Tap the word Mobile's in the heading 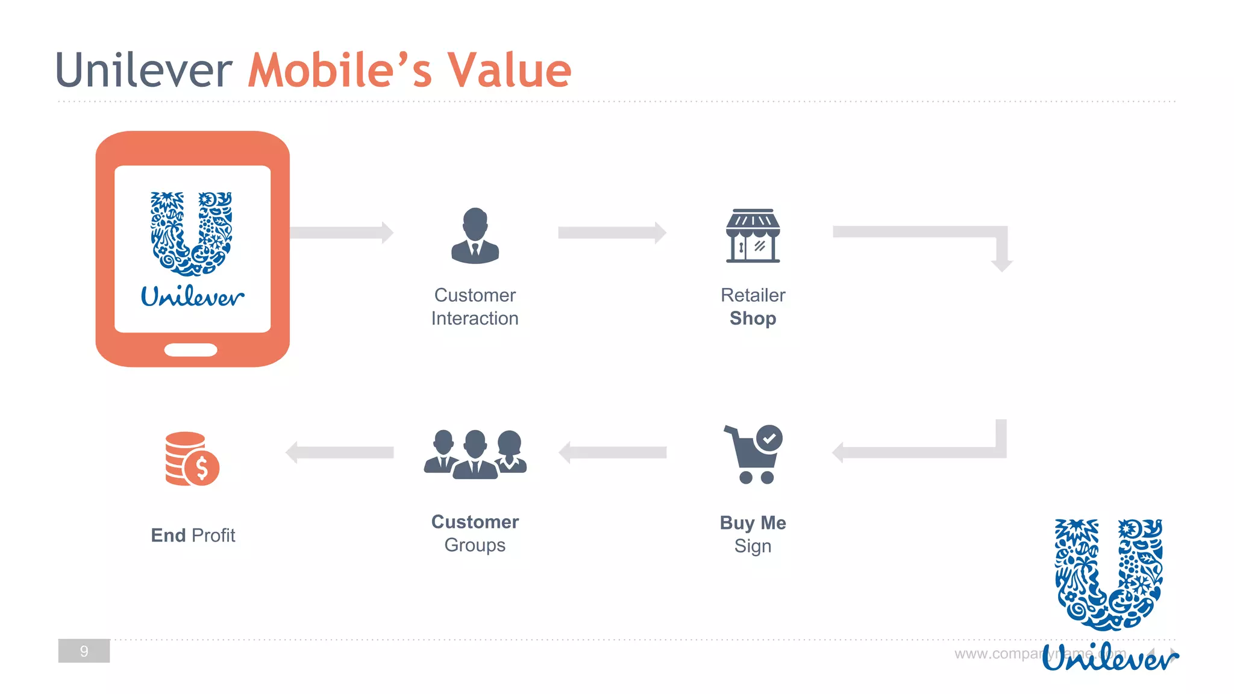coord(340,70)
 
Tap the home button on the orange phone coord(191,350)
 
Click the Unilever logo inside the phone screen coord(192,247)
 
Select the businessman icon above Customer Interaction coord(475,236)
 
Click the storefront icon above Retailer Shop coord(753,236)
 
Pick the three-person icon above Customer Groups coord(475,455)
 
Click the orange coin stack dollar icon coord(192,459)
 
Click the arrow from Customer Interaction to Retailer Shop coord(612,233)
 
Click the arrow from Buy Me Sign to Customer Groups coord(612,452)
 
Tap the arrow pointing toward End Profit coord(340,452)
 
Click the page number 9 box coord(84,651)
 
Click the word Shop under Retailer coord(753,318)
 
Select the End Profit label coord(193,535)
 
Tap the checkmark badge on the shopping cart coord(769,438)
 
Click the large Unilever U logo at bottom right coord(1109,575)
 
